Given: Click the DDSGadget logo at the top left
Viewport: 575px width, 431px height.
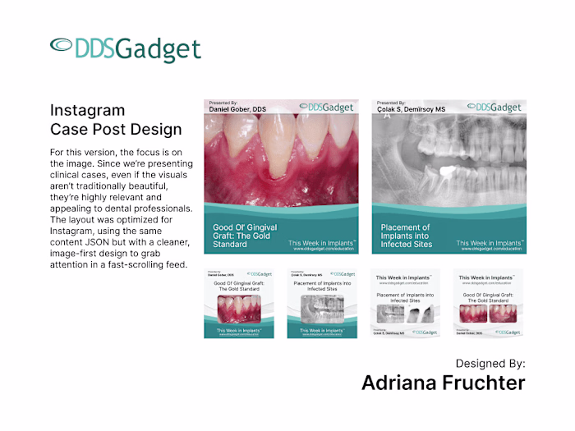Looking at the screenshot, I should tap(125, 48).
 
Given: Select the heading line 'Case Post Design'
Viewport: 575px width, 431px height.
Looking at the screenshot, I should tap(116, 129).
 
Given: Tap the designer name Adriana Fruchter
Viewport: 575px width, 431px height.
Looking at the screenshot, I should tap(443, 383).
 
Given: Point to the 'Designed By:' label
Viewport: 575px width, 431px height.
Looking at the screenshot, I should tap(490, 363).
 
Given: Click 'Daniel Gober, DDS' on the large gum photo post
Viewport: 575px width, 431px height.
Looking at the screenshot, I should tap(237, 109).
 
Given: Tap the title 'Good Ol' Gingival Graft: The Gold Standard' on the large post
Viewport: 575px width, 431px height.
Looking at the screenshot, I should tap(244, 236).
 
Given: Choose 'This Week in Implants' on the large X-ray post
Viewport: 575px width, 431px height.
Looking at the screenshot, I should tap(488, 243).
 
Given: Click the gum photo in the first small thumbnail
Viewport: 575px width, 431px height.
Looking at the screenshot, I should tap(239, 308).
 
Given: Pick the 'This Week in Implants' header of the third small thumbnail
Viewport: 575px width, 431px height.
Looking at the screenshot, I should tap(405, 277).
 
